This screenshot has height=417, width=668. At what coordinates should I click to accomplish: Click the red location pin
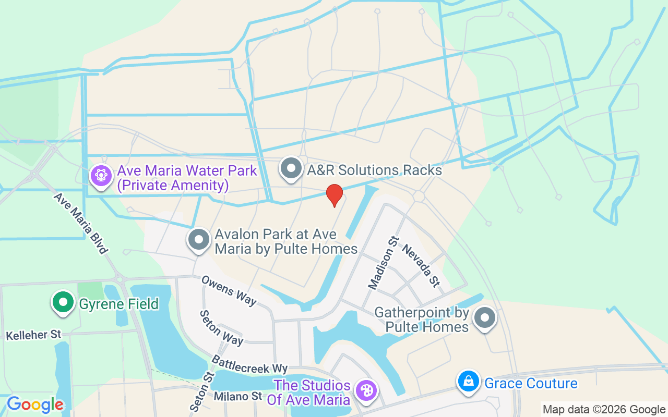(335, 195)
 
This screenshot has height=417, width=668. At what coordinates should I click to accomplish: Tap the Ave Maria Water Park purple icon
(101, 176)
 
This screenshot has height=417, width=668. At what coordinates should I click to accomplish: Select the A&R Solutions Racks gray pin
(291, 168)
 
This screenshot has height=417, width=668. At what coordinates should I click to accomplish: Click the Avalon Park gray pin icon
(198, 240)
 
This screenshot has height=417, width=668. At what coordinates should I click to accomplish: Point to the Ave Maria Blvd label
(80, 223)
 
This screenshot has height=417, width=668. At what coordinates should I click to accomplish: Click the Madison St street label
(383, 263)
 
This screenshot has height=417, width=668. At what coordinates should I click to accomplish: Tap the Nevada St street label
(421, 266)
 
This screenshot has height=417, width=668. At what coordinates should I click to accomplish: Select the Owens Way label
(230, 291)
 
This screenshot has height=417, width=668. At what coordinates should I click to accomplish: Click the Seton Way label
(222, 328)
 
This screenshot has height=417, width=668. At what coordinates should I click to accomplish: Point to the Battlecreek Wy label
(249, 364)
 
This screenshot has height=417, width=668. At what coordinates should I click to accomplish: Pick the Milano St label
(238, 396)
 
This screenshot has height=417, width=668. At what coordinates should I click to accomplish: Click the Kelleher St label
(33, 335)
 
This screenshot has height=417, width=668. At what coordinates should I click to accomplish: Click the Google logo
(35, 404)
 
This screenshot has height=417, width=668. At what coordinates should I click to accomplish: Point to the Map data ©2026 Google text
(603, 410)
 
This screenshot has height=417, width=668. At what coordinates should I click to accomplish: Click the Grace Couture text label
(531, 384)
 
